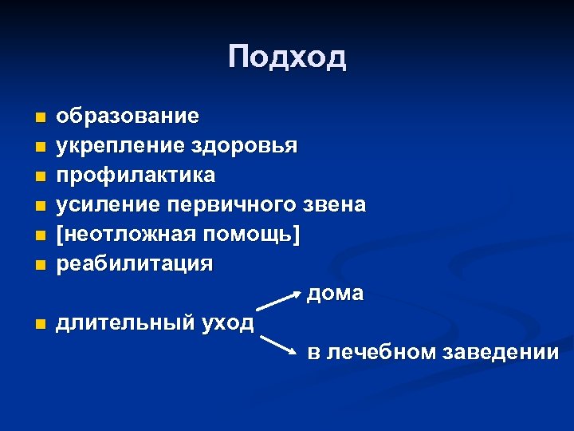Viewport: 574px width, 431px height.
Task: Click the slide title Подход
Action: click(287, 57)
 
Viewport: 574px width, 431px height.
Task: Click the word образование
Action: click(128, 117)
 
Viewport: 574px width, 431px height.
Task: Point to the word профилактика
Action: click(135, 175)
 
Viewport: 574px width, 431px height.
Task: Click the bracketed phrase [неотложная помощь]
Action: click(179, 234)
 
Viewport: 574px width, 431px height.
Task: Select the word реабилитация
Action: click(134, 263)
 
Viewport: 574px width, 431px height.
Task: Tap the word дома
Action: click(336, 294)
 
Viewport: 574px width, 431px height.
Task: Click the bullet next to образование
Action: click(40, 118)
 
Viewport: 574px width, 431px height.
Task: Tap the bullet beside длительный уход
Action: click(40, 324)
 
